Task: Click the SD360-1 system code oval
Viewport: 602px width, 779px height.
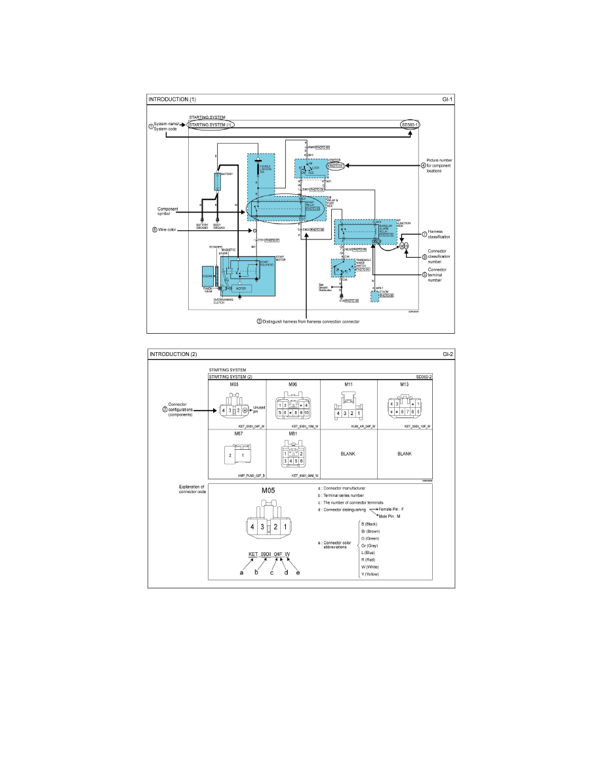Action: (x=411, y=124)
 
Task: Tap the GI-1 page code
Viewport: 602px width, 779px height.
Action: (x=448, y=100)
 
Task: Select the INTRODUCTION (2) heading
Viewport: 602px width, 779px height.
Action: (x=173, y=354)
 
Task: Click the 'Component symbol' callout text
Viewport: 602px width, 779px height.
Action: (x=163, y=210)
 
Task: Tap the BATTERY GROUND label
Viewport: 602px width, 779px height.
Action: (x=202, y=227)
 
